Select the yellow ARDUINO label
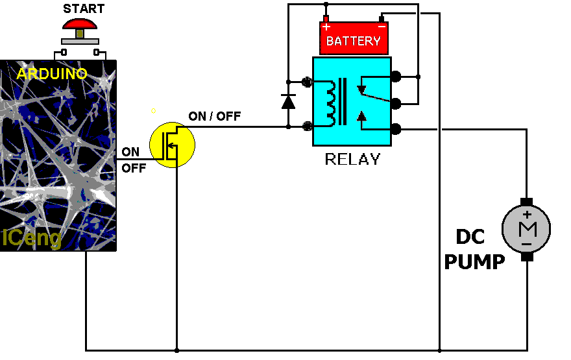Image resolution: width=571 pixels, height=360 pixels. pyautogui.click(x=52, y=74)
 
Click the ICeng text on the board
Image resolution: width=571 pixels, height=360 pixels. pyautogui.click(x=32, y=238)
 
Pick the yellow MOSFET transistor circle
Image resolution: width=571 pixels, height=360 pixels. pyautogui.click(x=172, y=144)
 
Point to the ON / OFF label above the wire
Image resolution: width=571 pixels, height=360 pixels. pyautogui.click(x=214, y=117)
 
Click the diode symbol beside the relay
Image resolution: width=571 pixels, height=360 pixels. pyautogui.click(x=288, y=101)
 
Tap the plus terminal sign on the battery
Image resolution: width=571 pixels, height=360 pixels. pyautogui.click(x=326, y=27)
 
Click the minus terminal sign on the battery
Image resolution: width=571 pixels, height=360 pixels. pyautogui.click(x=382, y=27)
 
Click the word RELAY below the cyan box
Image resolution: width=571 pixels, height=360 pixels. pyautogui.click(x=352, y=159)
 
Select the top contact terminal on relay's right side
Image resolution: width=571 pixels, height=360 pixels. pyautogui.click(x=395, y=77)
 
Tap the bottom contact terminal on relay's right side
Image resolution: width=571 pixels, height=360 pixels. pyautogui.click(x=395, y=129)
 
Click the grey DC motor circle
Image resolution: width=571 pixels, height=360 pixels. pyautogui.click(x=526, y=229)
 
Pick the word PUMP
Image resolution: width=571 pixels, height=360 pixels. pyautogui.click(x=474, y=262)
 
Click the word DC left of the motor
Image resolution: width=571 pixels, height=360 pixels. pyautogui.click(x=470, y=237)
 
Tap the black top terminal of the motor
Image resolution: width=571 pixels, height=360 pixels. pyautogui.click(x=526, y=201)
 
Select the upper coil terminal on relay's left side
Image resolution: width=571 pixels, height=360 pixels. pyautogui.click(x=308, y=82)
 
